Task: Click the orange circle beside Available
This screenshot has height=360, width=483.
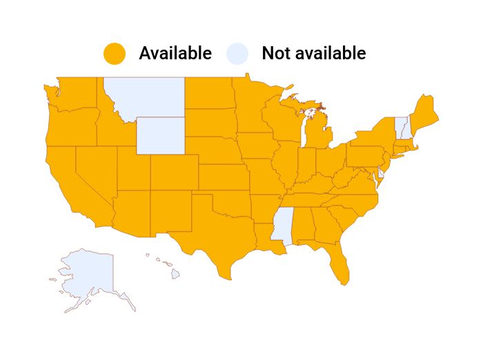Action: tap(115, 53)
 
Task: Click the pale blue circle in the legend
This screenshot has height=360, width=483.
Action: tap(237, 53)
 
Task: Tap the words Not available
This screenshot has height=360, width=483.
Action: tap(313, 53)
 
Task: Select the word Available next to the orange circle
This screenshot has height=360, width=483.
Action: tap(175, 53)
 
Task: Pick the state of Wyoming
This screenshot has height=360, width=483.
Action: tap(160, 135)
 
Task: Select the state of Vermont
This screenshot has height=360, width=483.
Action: tap(398, 127)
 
